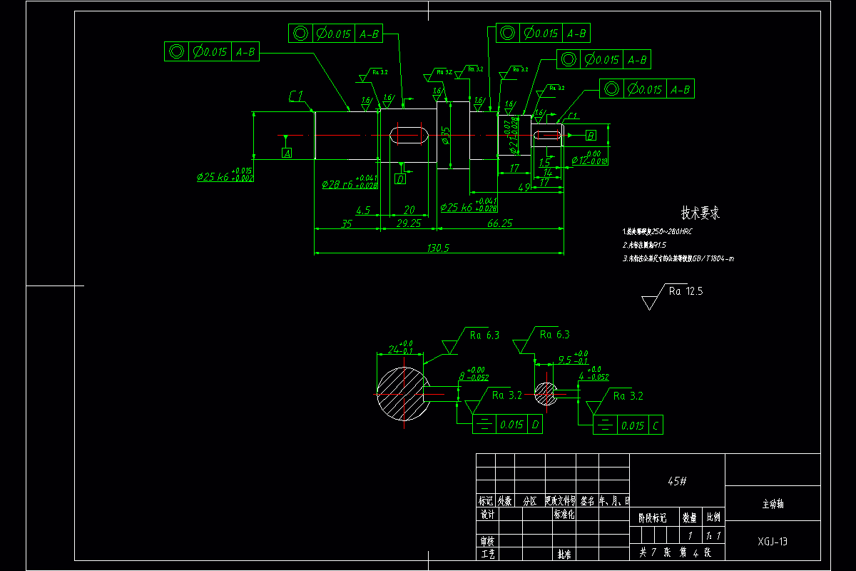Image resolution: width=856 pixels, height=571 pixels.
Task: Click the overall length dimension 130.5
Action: [437, 247]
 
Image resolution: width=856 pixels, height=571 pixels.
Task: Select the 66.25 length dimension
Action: [499, 223]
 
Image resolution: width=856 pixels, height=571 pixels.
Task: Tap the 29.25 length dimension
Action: [409, 223]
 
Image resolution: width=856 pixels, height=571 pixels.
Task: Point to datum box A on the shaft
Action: [287, 153]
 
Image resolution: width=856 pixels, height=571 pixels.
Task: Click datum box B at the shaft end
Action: [591, 136]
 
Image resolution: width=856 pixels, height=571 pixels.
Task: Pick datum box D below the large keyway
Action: [400, 179]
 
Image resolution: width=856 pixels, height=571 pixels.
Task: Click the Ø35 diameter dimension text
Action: [445, 136]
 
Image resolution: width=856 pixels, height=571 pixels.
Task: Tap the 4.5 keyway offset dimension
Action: [362, 210]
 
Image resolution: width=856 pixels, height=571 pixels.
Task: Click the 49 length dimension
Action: [524, 188]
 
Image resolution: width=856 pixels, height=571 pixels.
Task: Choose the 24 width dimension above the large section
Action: [394, 350]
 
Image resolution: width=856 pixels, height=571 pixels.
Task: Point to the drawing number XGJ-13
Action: [773, 541]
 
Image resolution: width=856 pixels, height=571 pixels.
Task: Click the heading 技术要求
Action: [700, 213]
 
